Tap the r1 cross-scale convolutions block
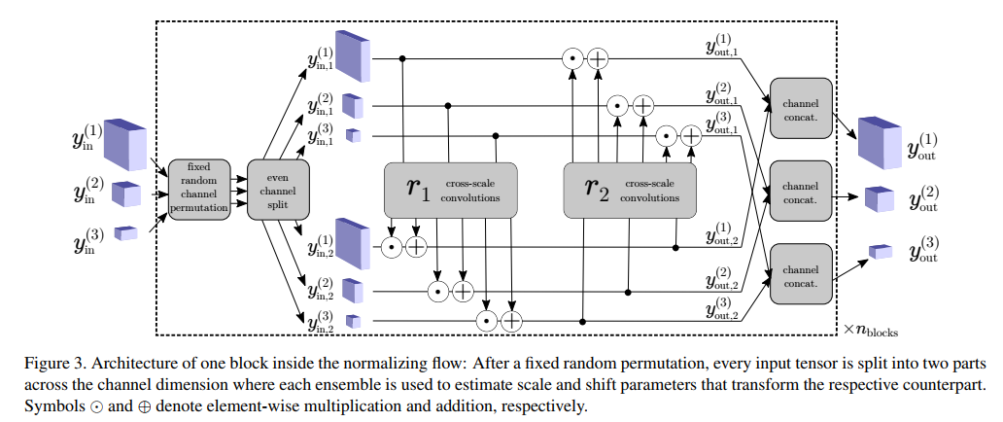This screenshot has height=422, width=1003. (x=450, y=190)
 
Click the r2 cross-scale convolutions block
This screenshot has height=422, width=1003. (x=630, y=190)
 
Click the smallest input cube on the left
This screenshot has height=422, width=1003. (x=127, y=232)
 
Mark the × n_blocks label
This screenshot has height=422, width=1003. (x=870, y=330)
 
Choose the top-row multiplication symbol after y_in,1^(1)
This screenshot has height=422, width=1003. (x=574, y=59)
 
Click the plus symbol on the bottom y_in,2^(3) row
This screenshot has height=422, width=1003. (x=511, y=320)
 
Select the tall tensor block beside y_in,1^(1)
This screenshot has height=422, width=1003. (x=356, y=56)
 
